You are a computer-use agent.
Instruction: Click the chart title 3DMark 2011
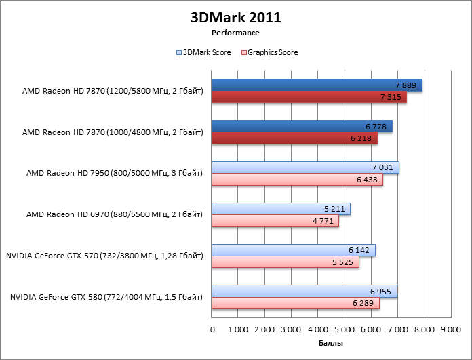tap(235, 18)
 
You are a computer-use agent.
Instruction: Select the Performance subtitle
tap(235, 32)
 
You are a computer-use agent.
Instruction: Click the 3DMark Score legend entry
tap(203, 52)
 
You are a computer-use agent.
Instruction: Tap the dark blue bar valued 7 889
tap(316, 85)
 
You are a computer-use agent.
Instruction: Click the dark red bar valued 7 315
tap(309, 98)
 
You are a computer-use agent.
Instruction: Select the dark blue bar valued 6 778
tap(302, 127)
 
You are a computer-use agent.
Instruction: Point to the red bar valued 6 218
tap(294, 139)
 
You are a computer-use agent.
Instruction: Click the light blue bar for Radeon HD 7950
tap(305, 167)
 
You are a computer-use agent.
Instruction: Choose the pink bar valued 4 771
tap(275, 221)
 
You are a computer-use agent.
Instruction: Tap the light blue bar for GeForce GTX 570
tap(293, 250)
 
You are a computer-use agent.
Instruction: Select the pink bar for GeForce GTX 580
tap(295, 304)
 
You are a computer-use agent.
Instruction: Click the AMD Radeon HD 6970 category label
tap(114, 215)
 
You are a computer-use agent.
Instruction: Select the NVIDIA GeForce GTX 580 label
tap(104, 297)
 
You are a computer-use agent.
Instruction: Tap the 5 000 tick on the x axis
tap(345, 329)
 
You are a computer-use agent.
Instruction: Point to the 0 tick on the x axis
tap(213, 329)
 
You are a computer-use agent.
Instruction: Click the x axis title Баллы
tap(330, 344)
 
